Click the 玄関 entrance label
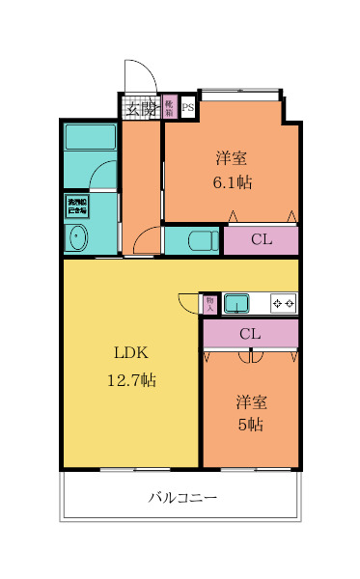[141, 108]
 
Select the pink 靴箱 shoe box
[169, 106]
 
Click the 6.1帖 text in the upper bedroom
[232, 182]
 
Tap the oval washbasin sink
[75, 236]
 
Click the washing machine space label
[76, 207]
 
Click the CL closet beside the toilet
[261, 240]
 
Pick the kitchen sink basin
[236, 305]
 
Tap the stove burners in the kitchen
[284, 305]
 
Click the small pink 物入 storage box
[210, 304]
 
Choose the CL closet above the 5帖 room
[250, 334]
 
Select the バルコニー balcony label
[182, 499]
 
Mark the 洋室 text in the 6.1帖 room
[232, 156]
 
